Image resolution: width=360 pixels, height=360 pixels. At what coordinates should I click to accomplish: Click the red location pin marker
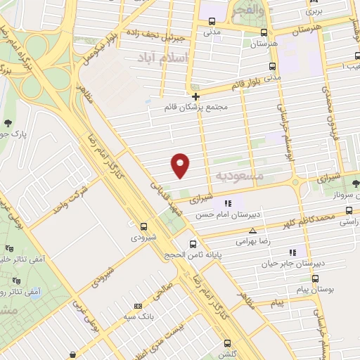click(181, 165)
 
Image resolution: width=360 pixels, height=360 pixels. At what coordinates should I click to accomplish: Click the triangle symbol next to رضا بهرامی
click(253, 230)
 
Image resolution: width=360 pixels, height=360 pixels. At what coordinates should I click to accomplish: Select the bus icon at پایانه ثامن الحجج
click(193, 244)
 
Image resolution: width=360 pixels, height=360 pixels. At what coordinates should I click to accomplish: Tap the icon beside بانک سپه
click(137, 306)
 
